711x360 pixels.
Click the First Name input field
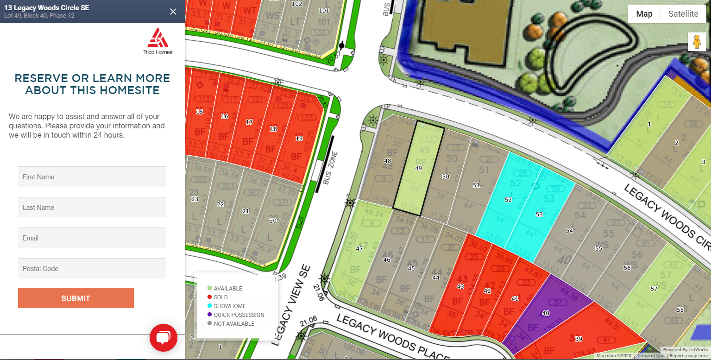point(92,177)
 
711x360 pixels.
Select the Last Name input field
point(92,208)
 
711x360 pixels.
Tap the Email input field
point(92,238)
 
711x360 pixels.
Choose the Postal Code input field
point(92,269)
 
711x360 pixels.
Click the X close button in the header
point(173,12)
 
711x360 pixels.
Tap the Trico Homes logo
point(158,41)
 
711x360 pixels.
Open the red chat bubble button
point(163,338)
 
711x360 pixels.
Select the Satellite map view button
point(683,14)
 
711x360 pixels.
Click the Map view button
point(644,14)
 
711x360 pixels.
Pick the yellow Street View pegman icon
point(697,42)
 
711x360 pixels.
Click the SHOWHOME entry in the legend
point(230,306)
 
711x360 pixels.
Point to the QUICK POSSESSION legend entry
point(239,315)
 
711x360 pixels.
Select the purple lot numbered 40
point(546,314)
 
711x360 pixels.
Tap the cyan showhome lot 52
point(508,200)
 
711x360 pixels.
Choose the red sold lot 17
point(249,122)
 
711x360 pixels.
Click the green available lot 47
point(359,249)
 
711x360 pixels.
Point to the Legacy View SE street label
point(291,306)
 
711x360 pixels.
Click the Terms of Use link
point(650,356)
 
